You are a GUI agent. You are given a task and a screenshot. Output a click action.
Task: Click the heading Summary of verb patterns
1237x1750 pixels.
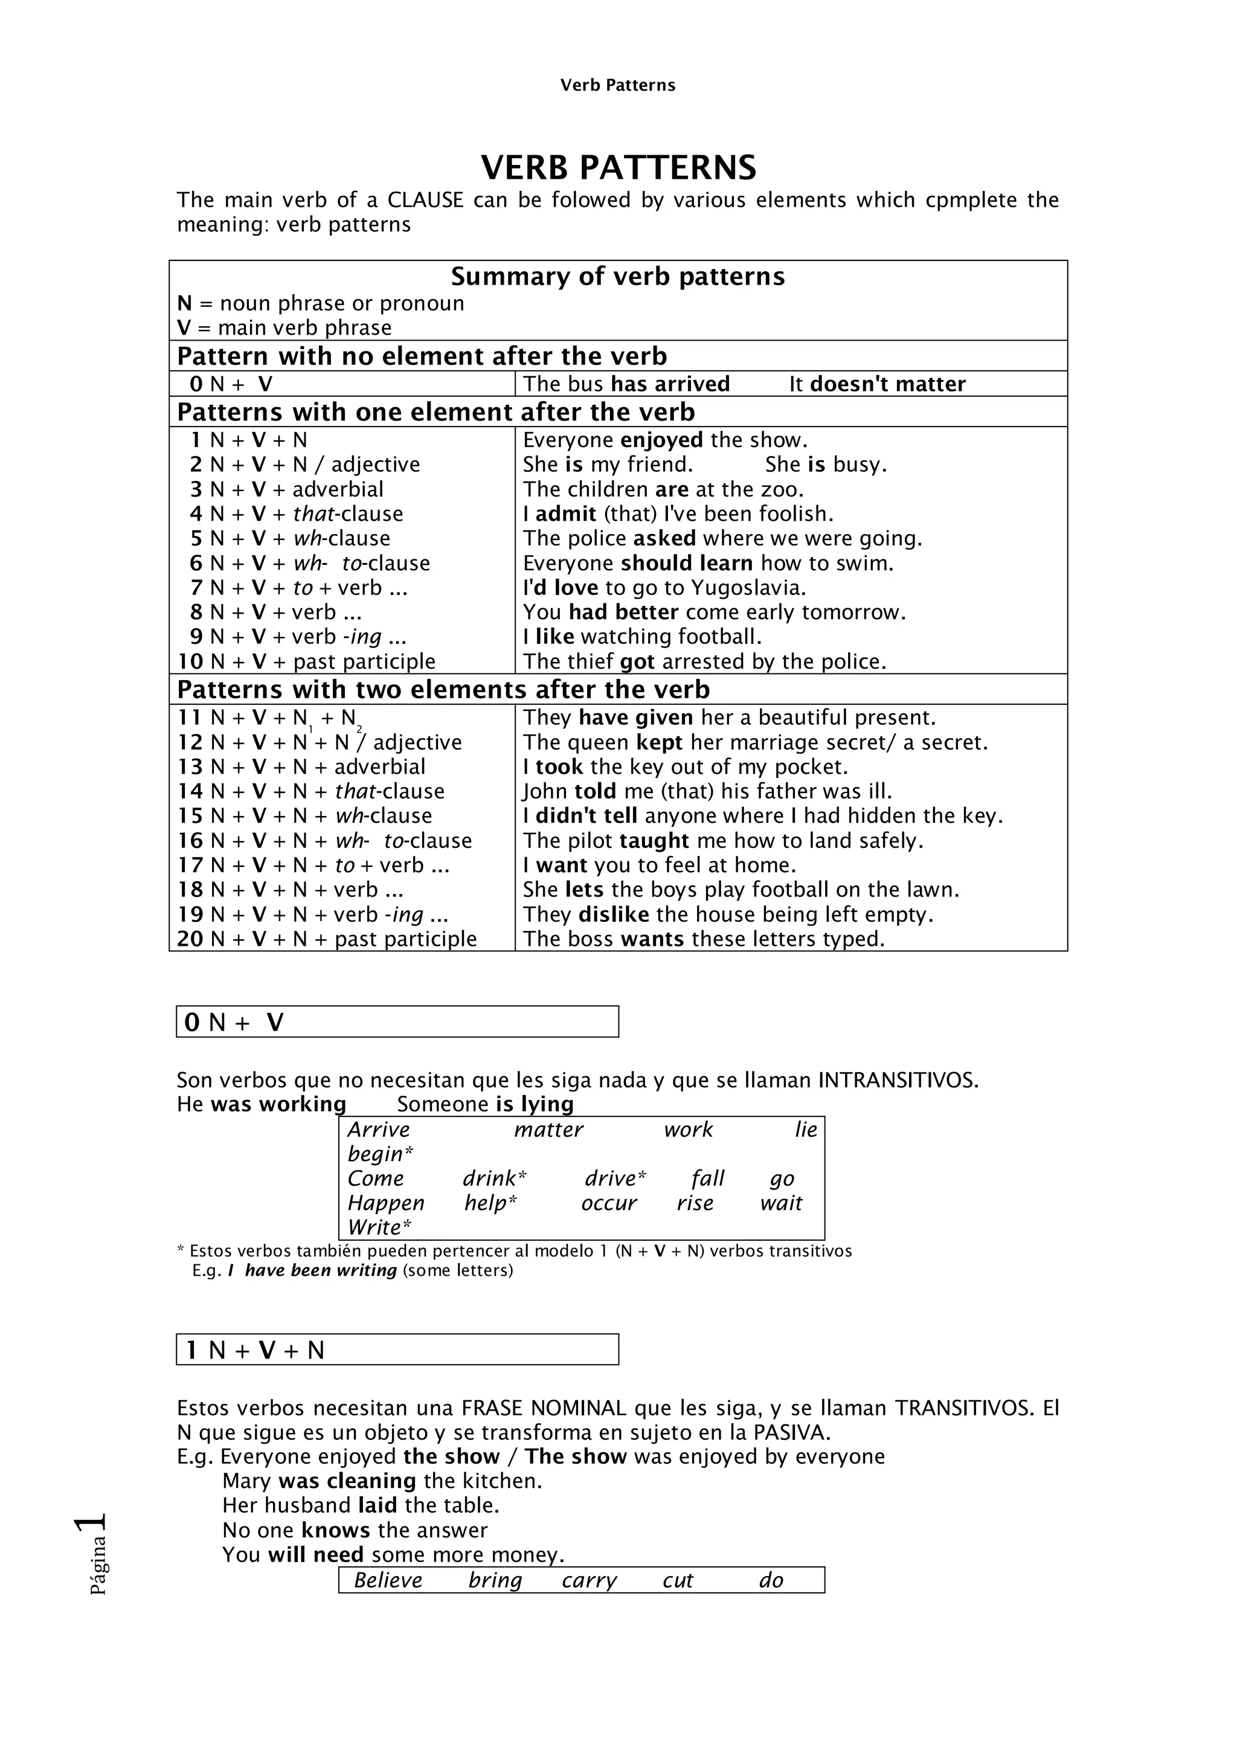point(617,276)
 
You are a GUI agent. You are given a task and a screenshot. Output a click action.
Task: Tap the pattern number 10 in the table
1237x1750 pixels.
point(190,661)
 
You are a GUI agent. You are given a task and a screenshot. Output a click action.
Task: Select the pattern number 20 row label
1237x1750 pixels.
point(190,939)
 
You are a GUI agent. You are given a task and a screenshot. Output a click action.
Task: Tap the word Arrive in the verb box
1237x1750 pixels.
point(378,1130)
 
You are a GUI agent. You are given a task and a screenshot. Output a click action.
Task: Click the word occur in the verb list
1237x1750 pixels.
point(609,1203)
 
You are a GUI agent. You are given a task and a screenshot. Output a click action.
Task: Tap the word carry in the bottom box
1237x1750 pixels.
point(589,1580)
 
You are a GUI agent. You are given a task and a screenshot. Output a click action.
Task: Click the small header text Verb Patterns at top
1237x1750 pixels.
point(617,85)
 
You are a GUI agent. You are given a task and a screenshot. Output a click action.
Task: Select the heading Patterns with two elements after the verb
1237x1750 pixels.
point(443,689)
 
